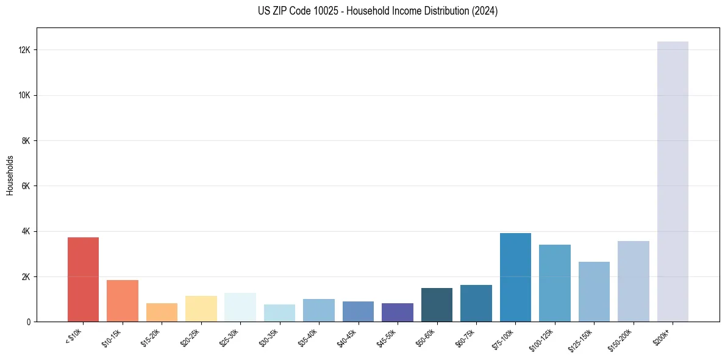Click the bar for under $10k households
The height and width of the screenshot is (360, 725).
[83, 279]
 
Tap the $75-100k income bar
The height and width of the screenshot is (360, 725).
[515, 278]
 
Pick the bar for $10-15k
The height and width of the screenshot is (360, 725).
[123, 301]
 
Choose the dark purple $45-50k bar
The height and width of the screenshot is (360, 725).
[398, 312]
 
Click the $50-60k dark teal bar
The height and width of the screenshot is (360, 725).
[437, 305]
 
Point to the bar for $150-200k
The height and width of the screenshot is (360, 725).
[633, 281]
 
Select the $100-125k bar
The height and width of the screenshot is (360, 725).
[555, 283]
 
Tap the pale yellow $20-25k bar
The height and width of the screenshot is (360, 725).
[201, 309]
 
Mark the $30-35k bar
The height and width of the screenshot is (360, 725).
[279, 313]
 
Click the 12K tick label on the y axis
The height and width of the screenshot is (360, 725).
[25, 50]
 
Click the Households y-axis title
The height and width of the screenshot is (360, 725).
[10, 175]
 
